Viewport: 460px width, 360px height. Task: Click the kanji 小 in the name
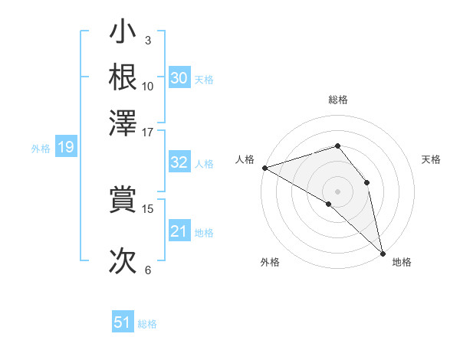pyautogui.click(x=123, y=34)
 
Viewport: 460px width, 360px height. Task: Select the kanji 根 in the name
pyautogui.click(x=123, y=77)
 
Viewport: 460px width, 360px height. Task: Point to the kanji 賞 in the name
pyautogui.click(x=123, y=199)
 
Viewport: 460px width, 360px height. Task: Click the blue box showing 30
pyautogui.click(x=179, y=78)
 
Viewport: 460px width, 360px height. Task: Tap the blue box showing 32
pyautogui.click(x=179, y=162)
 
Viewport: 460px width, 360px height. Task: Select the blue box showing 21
pyautogui.click(x=179, y=231)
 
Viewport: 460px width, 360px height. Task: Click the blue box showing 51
pyautogui.click(x=123, y=322)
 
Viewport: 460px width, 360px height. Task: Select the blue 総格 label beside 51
pyautogui.click(x=147, y=324)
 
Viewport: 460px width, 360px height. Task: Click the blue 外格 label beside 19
pyautogui.click(x=41, y=149)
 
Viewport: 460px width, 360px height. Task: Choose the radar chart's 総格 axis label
pyautogui.click(x=337, y=100)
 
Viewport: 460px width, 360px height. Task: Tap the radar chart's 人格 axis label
pyautogui.click(x=245, y=159)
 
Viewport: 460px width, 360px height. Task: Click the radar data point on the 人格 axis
pyautogui.click(x=264, y=168)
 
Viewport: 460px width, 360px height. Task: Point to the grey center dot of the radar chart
pyautogui.click(x=337, y=190)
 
